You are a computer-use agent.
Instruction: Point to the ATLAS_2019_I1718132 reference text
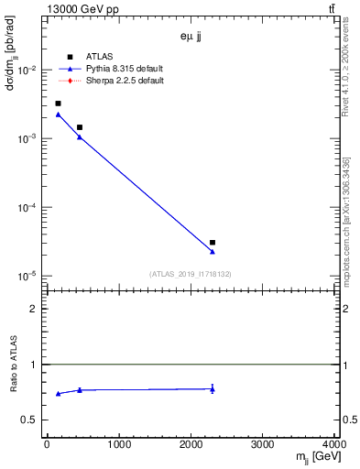[x=191, y=273]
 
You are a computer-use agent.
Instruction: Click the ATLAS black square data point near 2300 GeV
[x=213, y=243]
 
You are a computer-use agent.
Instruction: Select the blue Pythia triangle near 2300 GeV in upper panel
[x=213, y=251]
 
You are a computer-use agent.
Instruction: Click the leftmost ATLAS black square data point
[x=58, y=104]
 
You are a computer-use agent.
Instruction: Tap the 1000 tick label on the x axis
[x=118, y=446]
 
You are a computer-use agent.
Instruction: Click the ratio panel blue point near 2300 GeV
[x=213, y=389]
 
